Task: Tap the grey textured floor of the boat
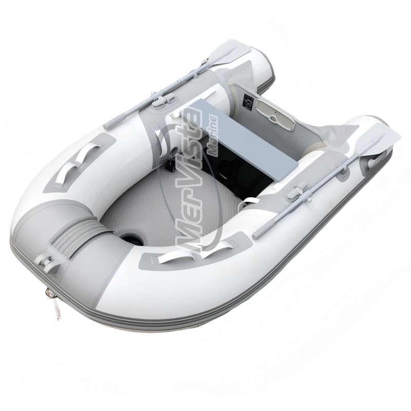(x=154, y=206)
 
